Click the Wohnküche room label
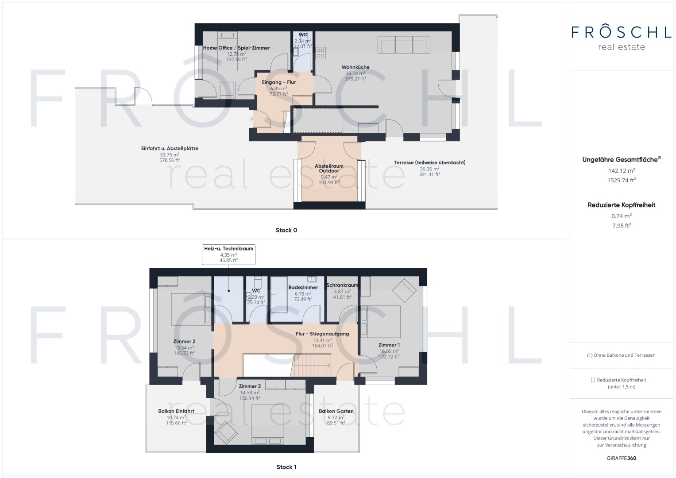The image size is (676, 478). pyautogui.click(x=355, y=67)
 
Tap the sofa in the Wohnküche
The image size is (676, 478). pyautogui.click(x=404, y=45)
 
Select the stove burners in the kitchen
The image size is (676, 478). pyautogui.click(x=321, y=53)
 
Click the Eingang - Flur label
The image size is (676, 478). pyautogui.click(x=278, y=82)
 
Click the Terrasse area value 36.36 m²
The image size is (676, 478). pyautogui.click(x=429, y=169)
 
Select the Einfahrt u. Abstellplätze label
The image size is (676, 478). pyautogui.click(x=170, y=149)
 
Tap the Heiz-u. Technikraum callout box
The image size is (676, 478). pyautogui.click(x=228, y=254)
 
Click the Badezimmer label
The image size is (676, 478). pyautogui.click(x=303, y=287)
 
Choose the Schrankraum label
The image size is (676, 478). pyautogui.click(x=342, y=285)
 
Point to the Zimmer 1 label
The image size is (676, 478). pyautogui.click(x=389, y=345)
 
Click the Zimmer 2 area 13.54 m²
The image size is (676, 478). pyautogui.click(x=184, y=348)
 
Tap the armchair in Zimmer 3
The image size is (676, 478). pyautogui.click(x=225, y=432)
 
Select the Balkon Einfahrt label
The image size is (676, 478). pyautogui.click(x=176, y=411)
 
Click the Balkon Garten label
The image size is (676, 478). pyautogui.click(x=336, y=411)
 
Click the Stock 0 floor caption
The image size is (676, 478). pyautogui.click(x=286, y=230)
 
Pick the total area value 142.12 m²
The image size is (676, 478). pyautogui.click(x=621, y=170)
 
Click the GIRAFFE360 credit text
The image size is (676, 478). pyautogui.click(x=621, y=458)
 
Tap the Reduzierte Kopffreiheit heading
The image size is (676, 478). pyautogui.click(x=621, y=205)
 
